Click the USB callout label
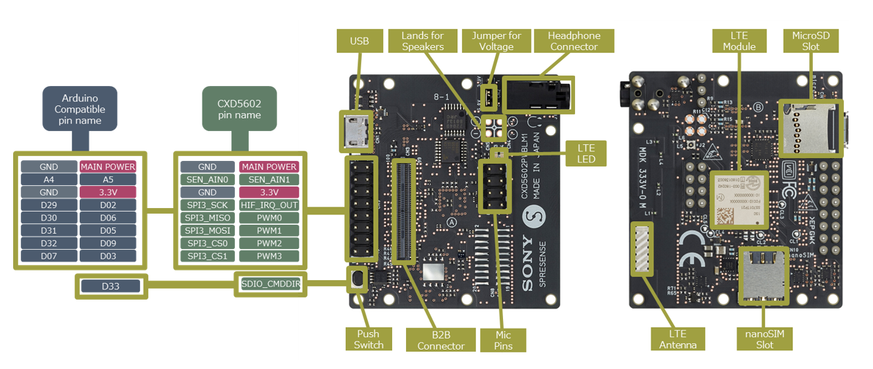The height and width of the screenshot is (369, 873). click(x=360, y=41)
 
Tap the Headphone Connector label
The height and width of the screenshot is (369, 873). click(x=574, y=41)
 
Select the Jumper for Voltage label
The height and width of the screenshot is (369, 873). click(x=496, y=41)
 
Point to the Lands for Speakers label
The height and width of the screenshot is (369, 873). click(x=423, y=41)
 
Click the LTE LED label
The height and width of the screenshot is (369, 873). click(x=586, y=153)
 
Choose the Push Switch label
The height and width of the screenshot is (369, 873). click(x=369, y=339)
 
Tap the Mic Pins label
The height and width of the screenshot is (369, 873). click(x=503, y=340)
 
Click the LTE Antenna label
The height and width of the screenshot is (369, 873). click(x=678, y=340)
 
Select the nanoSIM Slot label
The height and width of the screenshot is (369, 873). click(x=764, y=339)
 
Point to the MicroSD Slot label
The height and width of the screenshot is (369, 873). click(x=810, y=41)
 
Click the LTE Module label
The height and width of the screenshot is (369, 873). click(x=739, y=41)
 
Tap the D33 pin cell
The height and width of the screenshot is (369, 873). click(x=111, y=286)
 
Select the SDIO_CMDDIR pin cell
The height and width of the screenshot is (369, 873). click(x=270, y=283)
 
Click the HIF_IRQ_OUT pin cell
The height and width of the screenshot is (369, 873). click(x=270, y=205)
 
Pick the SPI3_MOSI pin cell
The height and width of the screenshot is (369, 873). click(x=207, y=230)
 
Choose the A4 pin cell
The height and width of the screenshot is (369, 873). click(x=48, y=180)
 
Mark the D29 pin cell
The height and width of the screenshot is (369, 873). click(x=48, y=205)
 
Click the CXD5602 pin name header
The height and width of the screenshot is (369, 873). click(x=239, y=109)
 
